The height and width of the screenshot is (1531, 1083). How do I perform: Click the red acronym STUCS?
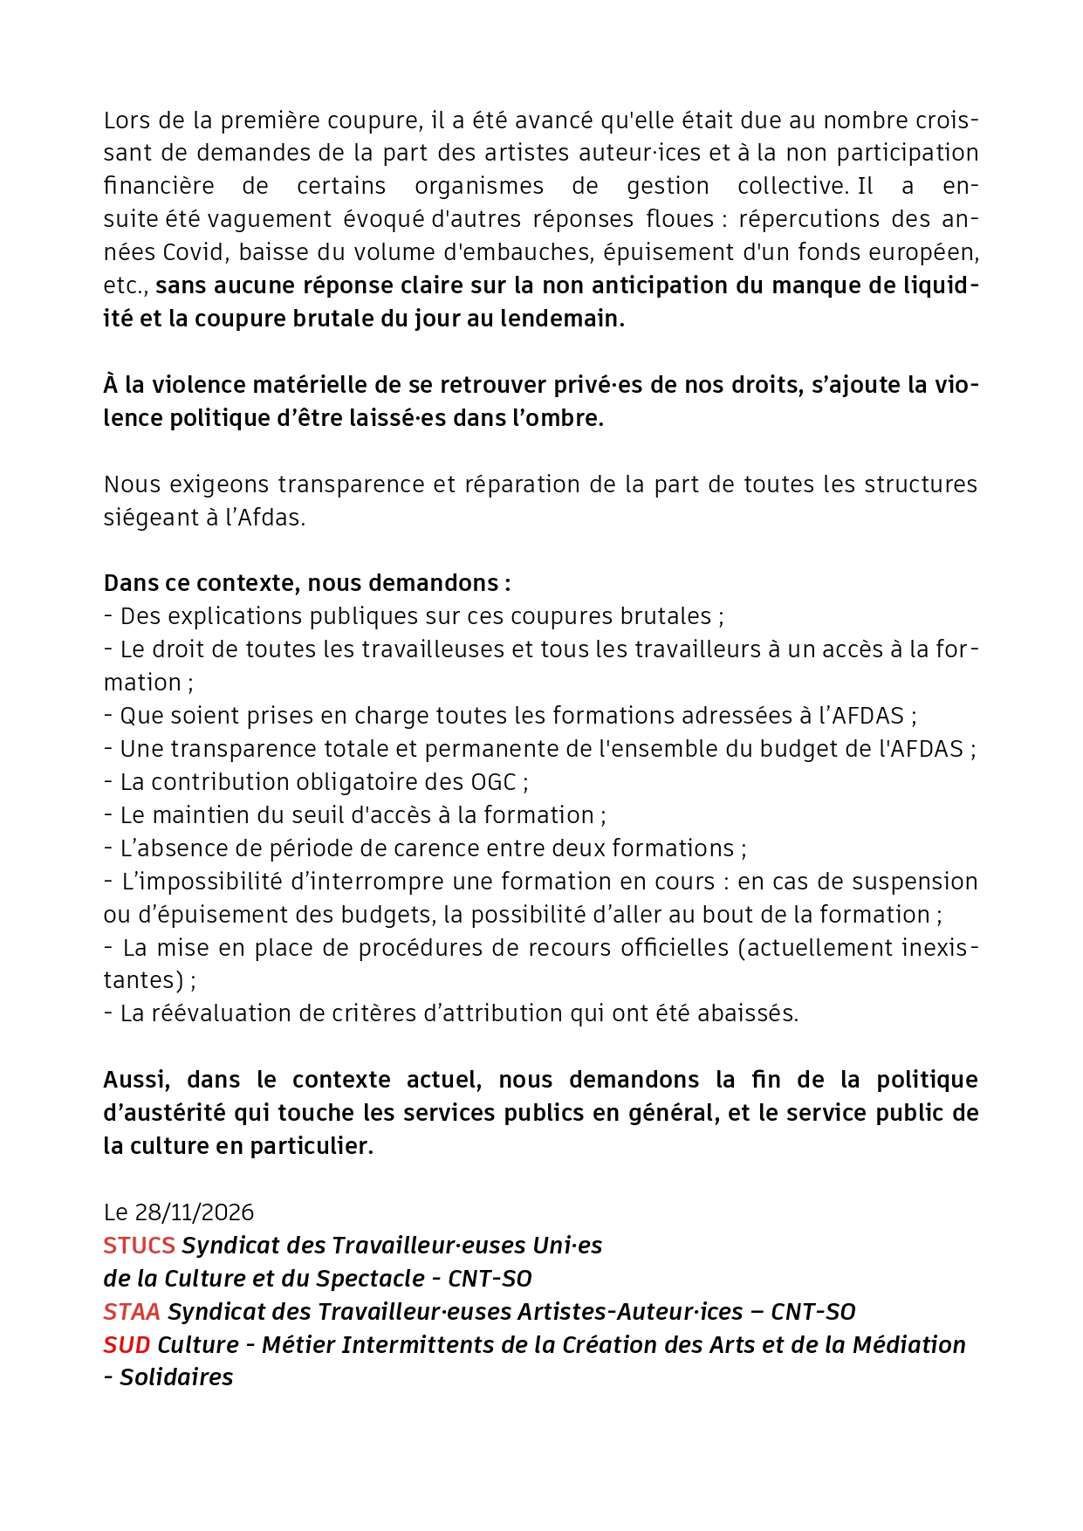(139, 1246)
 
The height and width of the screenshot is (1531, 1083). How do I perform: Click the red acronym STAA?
(132, 1312)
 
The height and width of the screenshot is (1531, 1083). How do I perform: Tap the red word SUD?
(127, 1345)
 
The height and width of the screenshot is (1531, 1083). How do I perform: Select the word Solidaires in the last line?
(176, 1377)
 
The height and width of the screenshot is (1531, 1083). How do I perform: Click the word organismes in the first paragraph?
(479, 186)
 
